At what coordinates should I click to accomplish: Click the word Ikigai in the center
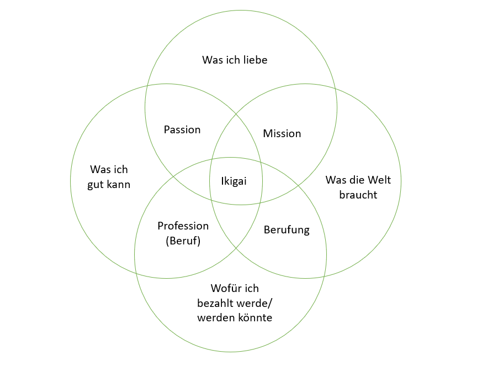(x=234, y=181)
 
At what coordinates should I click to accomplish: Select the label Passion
(x=182, y=130)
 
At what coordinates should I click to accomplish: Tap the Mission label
(x=282, y=134)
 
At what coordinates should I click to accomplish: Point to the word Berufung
(x=287, y=230)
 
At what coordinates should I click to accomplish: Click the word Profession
(x=183, y=226)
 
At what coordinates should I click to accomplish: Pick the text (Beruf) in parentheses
(x=183, y=241)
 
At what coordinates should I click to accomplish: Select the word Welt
(x=380, y=180)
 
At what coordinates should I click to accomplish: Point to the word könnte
(x=255, y=318)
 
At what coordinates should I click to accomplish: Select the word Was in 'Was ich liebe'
(x=211, y=60)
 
